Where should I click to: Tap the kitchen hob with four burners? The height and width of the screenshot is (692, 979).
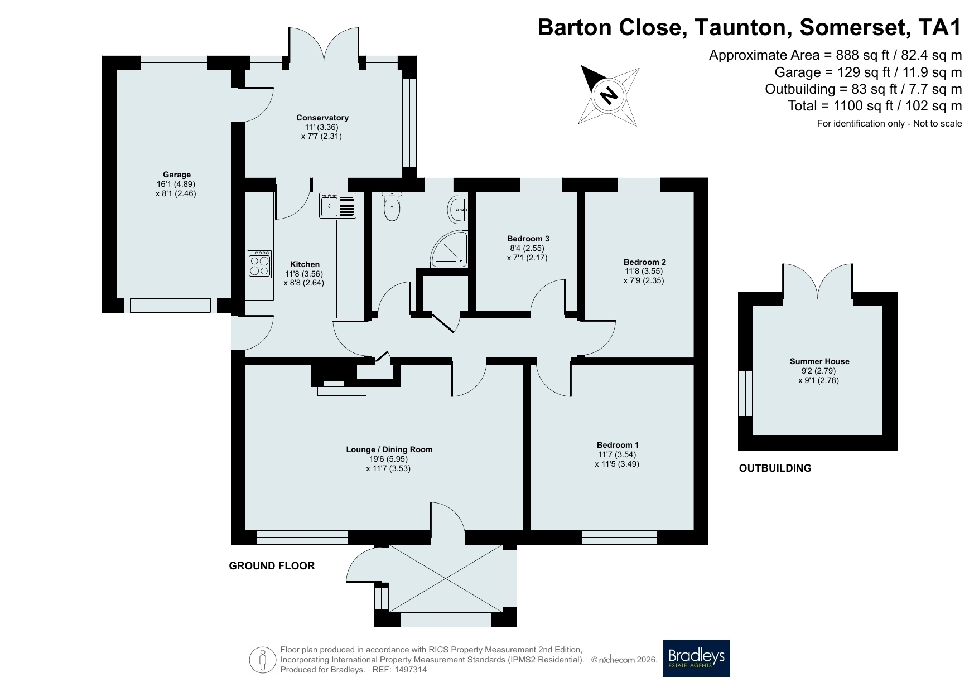260,264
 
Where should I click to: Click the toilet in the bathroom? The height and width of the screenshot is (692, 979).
392,206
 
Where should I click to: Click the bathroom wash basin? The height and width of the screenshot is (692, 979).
459,209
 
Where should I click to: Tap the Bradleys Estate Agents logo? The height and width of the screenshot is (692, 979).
696,658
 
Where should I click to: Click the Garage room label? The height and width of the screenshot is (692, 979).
176,175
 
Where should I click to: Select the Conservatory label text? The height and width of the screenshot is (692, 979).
322,118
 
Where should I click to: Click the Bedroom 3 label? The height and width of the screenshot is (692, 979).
528,239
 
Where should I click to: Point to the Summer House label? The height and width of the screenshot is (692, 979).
819,361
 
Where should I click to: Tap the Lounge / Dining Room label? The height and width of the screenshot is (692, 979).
389,449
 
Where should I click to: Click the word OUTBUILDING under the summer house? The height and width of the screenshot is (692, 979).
775,468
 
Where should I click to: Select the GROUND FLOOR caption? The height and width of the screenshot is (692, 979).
272,566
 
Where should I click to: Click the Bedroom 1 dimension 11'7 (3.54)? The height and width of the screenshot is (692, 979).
617,454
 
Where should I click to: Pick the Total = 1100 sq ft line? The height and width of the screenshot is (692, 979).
875,106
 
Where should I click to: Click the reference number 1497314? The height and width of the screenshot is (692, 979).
411,670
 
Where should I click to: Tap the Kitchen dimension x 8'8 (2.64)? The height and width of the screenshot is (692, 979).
303,283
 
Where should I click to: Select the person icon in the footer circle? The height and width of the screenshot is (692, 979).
262,660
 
